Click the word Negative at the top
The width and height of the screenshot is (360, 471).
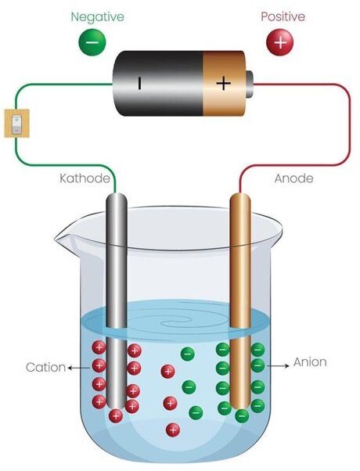97,17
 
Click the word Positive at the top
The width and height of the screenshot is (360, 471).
283,17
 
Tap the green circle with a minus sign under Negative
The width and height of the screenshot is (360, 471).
92,42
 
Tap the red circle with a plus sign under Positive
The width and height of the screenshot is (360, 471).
280,42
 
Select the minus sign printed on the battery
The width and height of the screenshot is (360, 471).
139,83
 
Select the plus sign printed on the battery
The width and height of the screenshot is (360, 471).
224,83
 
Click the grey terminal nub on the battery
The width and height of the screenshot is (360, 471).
249,84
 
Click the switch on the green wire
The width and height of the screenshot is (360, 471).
17,123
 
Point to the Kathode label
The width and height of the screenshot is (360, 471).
85,178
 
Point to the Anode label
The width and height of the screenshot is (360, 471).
293,178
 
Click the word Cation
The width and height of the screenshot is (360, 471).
45,367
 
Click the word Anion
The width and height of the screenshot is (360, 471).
310,362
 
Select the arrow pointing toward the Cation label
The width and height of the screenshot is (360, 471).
79,368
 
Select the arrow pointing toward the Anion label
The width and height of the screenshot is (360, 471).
278,366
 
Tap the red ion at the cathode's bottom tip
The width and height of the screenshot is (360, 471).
116,416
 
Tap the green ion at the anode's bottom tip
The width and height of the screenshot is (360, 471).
242,415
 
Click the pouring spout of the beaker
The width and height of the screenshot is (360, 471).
63,237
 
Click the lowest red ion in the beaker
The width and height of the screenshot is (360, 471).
173,430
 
